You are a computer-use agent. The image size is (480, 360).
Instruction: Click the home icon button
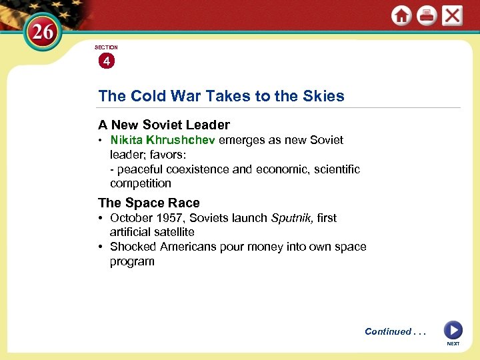[x=401, y=16]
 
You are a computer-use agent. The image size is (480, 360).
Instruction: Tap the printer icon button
[x=427, y=16]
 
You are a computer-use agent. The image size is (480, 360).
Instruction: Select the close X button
[x=452, y=15]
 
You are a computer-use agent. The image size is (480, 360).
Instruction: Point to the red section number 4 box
[x=106, y=61]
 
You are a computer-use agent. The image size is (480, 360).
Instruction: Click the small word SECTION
[x=106, y=47]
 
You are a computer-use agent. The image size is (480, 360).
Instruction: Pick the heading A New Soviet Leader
[x=164, y=125]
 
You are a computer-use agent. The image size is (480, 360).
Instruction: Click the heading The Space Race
[x=149, y=203]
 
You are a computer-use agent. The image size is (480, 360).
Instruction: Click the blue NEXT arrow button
[x=453, y=330]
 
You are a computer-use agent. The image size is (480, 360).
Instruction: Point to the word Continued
[x=387, y=331]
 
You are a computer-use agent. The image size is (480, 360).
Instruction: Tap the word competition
[x=141, y=183]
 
